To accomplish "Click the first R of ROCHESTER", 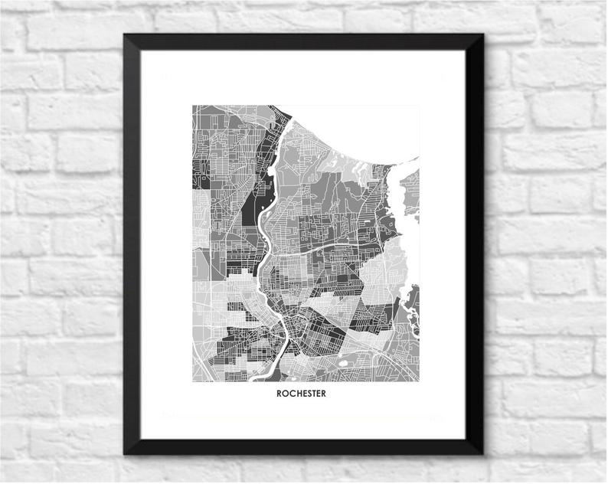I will click(x=278, y=394).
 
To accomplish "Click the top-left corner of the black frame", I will click(x=124, y=34).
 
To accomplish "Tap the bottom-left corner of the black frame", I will click(x=125, y=453).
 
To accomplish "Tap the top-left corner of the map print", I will click(x=191, y=105).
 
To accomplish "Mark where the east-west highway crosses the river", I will click(x=267, y=257).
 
